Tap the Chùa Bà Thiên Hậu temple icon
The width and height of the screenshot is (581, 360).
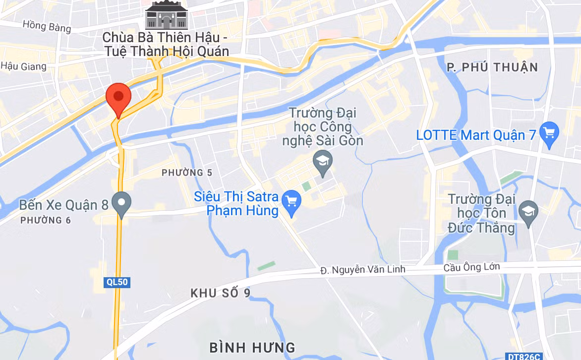[166, 15]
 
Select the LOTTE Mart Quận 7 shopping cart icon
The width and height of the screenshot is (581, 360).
[549, 133]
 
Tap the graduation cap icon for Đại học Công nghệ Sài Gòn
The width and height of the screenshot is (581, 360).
[323, 161]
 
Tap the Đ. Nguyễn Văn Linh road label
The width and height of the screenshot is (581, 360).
[362, 269]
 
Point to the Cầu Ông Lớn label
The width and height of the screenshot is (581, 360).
[471, 267]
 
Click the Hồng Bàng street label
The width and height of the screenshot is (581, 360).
[47, 26]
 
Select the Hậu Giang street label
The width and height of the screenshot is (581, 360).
[19, 65]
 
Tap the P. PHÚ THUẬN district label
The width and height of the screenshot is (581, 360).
[492, 67]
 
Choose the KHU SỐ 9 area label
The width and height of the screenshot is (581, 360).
[221, 293]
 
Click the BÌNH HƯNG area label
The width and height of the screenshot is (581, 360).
[252, 347]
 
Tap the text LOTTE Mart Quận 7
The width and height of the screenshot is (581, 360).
[476, 135]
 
